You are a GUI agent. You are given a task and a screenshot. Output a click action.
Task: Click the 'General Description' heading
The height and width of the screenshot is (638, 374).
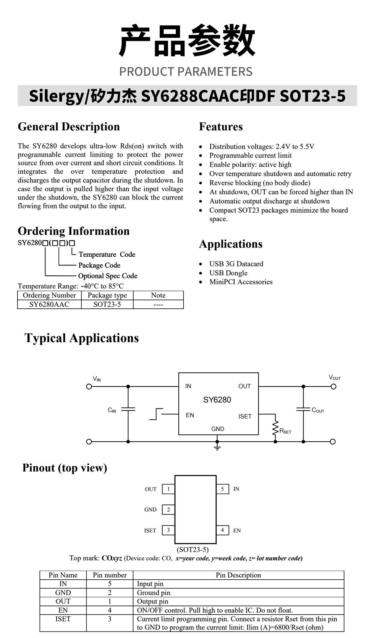(69, 127)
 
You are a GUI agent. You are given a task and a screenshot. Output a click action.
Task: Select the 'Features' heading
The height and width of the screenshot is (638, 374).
(221, 127)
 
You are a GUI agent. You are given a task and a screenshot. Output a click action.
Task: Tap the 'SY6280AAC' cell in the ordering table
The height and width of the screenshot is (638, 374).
(49, 304)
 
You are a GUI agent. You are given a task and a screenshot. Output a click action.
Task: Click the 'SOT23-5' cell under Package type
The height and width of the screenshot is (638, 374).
(107, 304)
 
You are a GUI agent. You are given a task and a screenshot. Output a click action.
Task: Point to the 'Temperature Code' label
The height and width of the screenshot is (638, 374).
(107, 254)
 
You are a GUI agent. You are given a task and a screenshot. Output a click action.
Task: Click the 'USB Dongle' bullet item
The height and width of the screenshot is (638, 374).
(228, 273)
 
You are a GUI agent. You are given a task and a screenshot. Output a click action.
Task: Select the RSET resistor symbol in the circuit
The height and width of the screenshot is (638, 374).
(275, 428)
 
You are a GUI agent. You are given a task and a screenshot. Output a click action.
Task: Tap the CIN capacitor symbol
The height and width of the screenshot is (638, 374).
(128, 409)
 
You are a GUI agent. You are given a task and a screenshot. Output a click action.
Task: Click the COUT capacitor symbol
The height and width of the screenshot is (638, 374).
(303, 409)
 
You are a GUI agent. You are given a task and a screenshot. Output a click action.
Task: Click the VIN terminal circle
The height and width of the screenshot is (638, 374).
(89, 387)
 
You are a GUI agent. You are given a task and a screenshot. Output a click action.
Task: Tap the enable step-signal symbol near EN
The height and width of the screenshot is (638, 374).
(156, 414)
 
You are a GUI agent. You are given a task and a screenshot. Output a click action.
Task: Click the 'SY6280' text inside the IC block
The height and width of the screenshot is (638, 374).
(217, 400)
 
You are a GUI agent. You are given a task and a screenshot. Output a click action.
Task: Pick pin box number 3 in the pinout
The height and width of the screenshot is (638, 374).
(168, 530)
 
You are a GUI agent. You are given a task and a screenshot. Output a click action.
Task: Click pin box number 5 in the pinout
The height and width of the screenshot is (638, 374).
(223, 489)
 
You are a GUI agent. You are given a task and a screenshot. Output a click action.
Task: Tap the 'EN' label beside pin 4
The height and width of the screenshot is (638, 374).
(237, 530)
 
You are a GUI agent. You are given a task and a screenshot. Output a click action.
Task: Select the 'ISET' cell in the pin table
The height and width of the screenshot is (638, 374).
(63, 619)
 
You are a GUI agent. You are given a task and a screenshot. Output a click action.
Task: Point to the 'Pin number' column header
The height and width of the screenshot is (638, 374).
(110, 575)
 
